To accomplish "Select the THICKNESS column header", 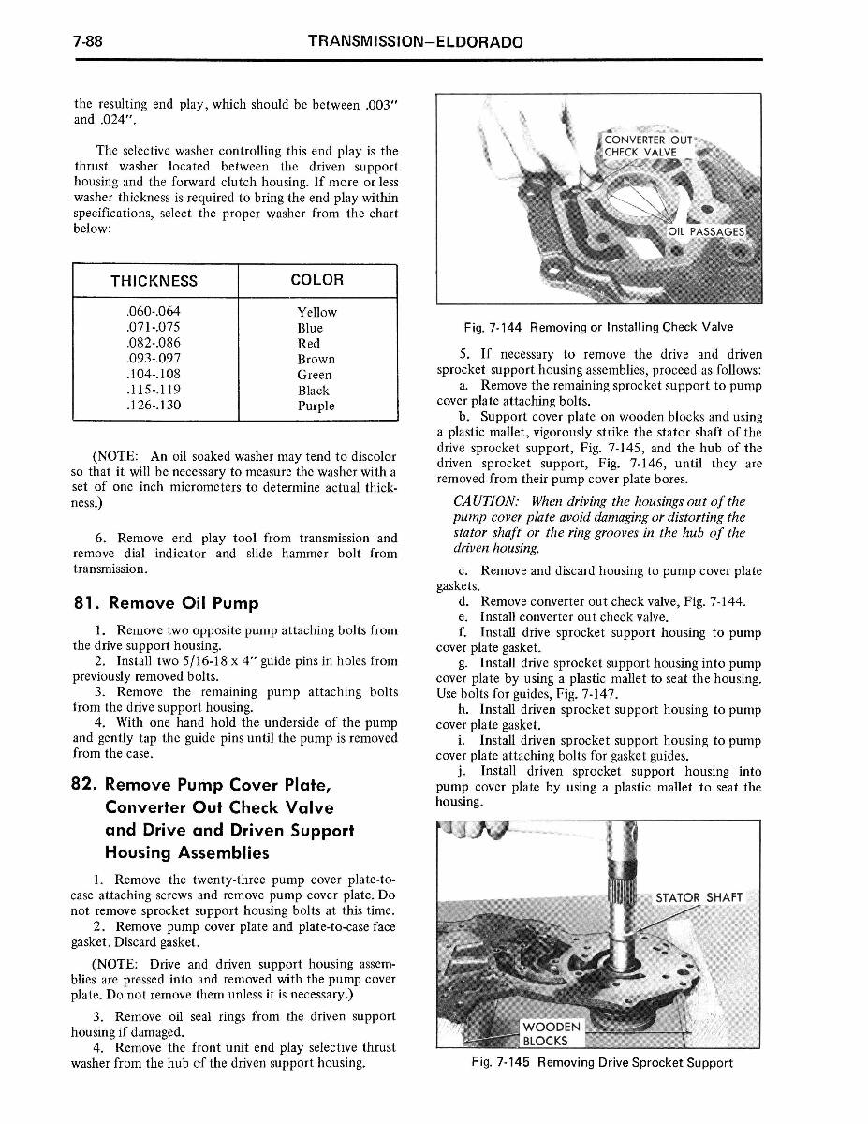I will (154, 281).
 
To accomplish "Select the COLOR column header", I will (316, 280).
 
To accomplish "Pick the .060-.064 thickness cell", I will (153, 312).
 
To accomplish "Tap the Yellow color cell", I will (316, 312).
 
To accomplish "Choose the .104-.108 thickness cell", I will (153, 375).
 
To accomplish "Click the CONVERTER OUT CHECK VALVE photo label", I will (648, 147).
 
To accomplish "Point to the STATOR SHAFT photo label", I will (699, 897).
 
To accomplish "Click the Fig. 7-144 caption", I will (598, 327).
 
